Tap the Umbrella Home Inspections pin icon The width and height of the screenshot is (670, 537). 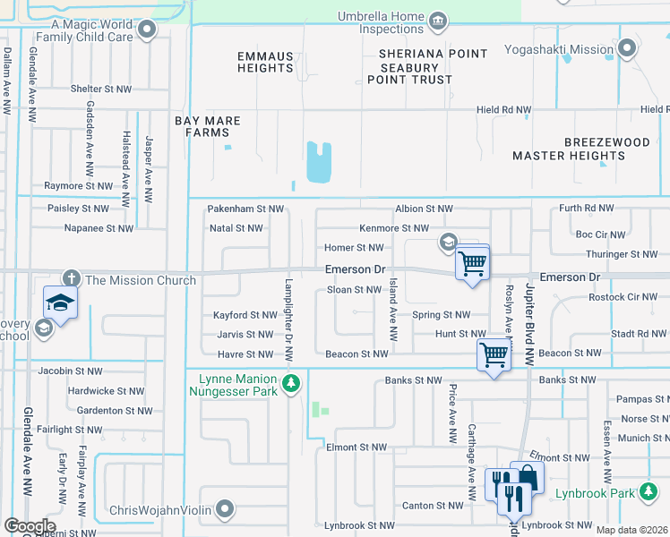(x=438, y=20)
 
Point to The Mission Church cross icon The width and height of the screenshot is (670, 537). (x=71, y=280)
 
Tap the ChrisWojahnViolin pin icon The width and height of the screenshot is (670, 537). (x=224, y=510)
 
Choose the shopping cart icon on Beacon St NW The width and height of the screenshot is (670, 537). (x=494, y=354)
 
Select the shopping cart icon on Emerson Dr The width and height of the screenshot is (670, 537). (x=472, y=263)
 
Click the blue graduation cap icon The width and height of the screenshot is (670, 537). (x=61, y=302)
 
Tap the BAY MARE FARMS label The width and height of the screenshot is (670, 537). (x=202, y=126)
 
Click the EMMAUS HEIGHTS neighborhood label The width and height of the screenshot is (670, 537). (x=265, y=62)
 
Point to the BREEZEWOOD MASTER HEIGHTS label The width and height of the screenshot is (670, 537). (x=569, y=149)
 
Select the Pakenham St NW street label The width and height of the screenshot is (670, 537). (x=245, y=209)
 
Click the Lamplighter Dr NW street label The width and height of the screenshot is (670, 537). (x=288, y=320)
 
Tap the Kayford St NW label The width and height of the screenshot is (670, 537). (x=245, y=315)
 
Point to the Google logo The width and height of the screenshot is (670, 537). (x=30, y=526)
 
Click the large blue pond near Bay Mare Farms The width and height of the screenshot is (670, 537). (x=318, y=161)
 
